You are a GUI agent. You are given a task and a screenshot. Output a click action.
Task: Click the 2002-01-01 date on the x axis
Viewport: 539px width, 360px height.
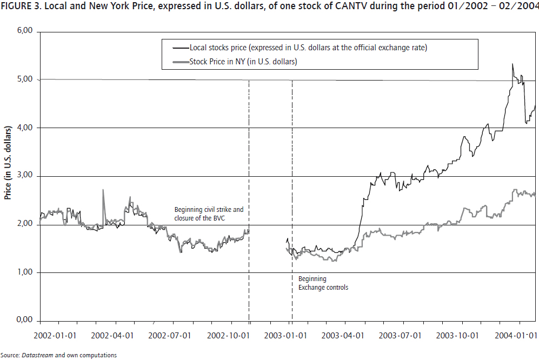[56, 335]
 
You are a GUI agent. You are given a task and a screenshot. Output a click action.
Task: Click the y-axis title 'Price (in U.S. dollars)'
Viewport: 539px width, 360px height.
[8, 163]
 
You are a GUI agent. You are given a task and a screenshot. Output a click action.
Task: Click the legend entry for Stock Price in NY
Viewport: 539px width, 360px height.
[243, 62]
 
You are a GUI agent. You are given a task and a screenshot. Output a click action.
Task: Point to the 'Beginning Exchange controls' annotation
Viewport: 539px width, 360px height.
[323, 283]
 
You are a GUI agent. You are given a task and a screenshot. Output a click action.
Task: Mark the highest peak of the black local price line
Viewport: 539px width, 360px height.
[512, 64]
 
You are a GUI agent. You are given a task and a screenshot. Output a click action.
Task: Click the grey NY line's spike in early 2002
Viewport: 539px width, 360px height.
[103, 190]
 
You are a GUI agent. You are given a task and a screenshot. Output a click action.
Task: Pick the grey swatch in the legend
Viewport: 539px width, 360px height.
[178, 62]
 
